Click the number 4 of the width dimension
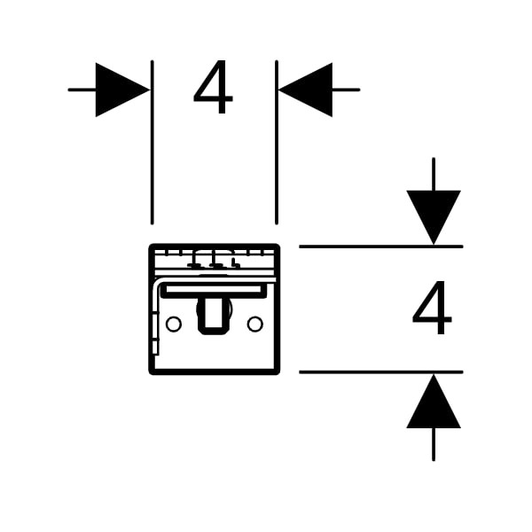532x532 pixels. [213, 87]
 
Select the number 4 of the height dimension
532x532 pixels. [432, 308]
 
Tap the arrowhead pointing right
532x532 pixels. [123, 90]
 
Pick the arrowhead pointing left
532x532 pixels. [305, 90]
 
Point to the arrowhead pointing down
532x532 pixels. [434, 217]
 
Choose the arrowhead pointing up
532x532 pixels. [434, 401]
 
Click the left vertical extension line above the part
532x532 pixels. [152, 143]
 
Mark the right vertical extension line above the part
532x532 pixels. [277, 143]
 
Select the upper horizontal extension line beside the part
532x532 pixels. [381, 246]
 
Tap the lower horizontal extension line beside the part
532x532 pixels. [381, 372]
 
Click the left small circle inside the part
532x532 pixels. [174, 324]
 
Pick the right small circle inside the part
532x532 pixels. [254, 324]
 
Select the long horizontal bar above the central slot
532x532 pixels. [214, 291]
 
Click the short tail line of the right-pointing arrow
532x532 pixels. [82, 90]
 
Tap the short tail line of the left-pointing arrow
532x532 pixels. [346, 90]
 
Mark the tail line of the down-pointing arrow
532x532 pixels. [434, 174]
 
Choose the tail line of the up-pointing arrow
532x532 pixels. [434, 444]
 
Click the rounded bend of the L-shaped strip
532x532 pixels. [158, 283]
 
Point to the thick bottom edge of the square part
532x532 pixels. [214, 372]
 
